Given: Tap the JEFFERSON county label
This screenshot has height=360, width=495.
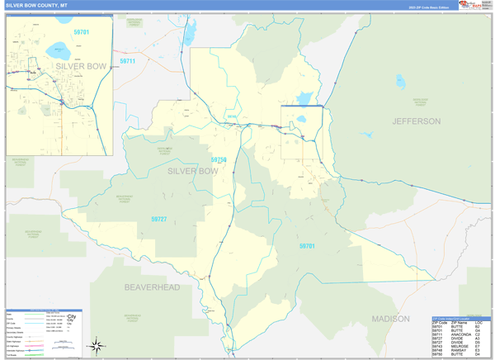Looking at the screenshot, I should click(416, 121).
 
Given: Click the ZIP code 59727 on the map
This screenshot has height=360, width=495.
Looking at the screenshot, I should click(158, 219).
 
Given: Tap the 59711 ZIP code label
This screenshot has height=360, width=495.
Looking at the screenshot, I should click(128, 61).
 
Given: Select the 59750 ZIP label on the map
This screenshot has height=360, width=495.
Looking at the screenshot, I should click(218, 159).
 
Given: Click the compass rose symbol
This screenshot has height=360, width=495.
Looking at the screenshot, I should click(97, 344).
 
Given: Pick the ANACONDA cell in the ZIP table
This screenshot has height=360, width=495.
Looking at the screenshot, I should click(463, 334).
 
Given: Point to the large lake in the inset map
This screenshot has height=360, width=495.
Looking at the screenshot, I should click(59, 47).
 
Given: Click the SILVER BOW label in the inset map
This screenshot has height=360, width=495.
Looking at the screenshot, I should click(82, 65).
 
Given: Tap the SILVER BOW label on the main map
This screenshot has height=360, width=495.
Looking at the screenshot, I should click(192, 171).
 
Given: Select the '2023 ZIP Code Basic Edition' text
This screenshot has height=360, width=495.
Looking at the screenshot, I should click(427, 7).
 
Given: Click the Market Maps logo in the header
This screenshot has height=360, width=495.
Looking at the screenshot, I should click(474, 5).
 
